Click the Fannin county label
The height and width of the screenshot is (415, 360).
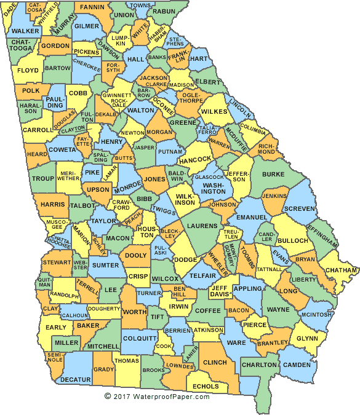pos(92,7)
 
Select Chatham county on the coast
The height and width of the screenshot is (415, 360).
pos(343,270)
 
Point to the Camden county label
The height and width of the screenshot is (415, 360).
pos(298,365)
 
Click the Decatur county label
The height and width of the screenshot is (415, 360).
pos(76,379)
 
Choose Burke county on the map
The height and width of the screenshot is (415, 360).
pos(273,174)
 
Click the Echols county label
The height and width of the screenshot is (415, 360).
pos(206,386)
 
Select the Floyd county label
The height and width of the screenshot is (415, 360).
pos(28,71)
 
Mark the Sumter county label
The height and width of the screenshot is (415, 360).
pos(105,266)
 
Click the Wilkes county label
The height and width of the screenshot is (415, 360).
pos(214,111)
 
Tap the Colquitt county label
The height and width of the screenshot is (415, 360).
pos(140,338)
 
